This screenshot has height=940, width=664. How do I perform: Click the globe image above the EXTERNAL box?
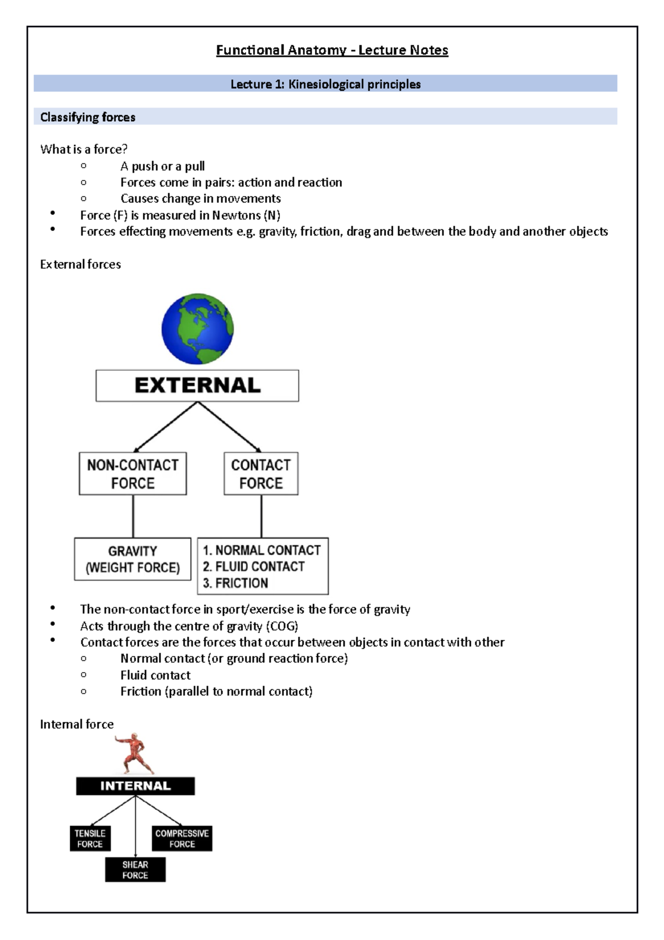(198, 329)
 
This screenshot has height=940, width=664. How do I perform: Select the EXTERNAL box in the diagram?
(197, 386)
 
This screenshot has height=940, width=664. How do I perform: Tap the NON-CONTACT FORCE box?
(133, 474)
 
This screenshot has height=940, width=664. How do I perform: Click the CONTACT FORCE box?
(261, 474)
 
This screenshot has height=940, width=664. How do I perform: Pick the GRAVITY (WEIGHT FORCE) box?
(133, 559)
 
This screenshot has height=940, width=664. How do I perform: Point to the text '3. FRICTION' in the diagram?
(235, 583)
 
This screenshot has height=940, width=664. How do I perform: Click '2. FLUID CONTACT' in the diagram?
(253, 566)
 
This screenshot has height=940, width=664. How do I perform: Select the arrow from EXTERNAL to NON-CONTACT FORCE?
(165, 427)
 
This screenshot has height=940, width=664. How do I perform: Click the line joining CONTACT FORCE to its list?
(261, 516)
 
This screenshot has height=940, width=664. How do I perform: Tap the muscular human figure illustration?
(134, 753)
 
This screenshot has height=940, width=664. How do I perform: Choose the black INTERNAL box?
(136, 786)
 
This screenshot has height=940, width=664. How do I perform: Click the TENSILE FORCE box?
(90, 839)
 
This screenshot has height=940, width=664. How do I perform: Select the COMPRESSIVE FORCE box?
(182, 839)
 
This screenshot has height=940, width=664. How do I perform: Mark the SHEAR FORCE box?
(136, 870)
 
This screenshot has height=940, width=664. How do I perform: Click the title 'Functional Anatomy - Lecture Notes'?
(332, 50)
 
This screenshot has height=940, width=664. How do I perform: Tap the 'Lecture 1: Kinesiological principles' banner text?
(325, 84)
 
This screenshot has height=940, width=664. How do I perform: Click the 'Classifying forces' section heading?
(87, 117)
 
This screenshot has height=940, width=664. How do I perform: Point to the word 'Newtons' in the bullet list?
(236, 215)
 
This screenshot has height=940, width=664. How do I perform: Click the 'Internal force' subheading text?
(77, 724)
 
